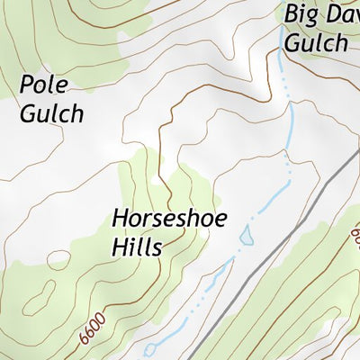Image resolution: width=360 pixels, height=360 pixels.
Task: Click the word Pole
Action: [44, 85]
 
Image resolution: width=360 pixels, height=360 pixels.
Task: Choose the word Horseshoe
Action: [170, 219]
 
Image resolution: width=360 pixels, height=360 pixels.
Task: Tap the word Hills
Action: [137, 246]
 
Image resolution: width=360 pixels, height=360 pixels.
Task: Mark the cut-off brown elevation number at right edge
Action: [355, 238]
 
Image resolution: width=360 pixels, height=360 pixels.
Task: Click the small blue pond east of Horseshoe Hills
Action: [246, 236]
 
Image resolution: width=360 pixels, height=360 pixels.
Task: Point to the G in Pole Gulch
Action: [26, 113]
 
